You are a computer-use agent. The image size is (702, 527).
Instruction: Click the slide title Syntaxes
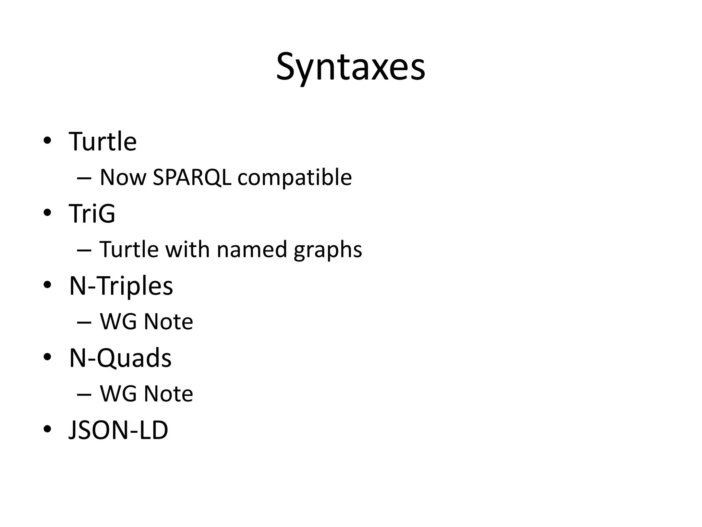[350, 67]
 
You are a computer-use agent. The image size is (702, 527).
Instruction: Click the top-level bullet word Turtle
[102, 141]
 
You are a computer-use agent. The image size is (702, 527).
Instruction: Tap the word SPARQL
[192, 177]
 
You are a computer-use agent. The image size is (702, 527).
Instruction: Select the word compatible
[294, 177]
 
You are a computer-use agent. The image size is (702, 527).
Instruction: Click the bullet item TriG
[92, 213]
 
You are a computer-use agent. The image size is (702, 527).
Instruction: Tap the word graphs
[328, 249]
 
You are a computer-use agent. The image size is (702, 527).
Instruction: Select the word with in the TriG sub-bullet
[187, 249]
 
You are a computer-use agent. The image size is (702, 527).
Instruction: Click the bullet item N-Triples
[121, 285]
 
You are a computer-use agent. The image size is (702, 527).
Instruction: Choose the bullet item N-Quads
[120, 358]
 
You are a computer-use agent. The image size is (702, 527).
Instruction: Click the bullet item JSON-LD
[118, 430]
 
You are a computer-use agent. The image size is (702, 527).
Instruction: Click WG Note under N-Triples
[146, 321]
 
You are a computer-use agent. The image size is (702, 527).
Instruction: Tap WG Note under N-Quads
[146, 394]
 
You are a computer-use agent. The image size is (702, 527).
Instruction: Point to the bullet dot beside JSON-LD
[47, 429]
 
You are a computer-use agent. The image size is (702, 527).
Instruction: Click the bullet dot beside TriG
[47, 213]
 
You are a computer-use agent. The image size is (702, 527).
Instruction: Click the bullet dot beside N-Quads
[47, 357]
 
